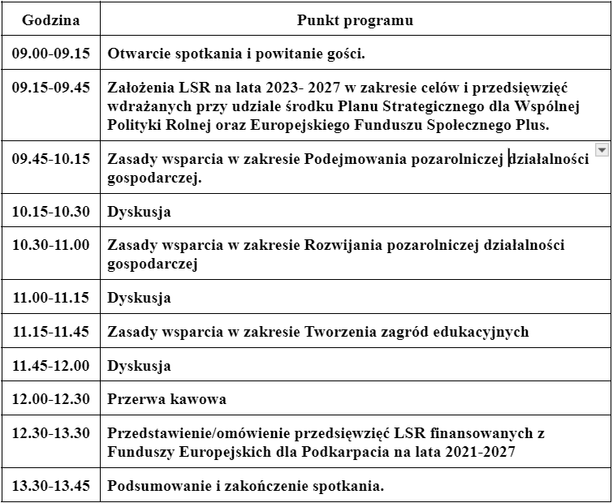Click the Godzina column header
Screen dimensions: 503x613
pyautogui.click(x=50, y=20)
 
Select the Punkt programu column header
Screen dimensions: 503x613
pyautogui.click(x=355, y=20)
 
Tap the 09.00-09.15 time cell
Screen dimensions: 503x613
pyautogui.click(x=50, y=54)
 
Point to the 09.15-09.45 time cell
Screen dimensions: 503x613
pyautogui.click(x=50, y=88)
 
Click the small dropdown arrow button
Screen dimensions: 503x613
pyautogui.click(x=601, y=149)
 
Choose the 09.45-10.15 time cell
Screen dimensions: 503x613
pyautogui.click(x=50, y=159)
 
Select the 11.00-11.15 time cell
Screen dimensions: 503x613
pyautogui.click(x=50, y=298)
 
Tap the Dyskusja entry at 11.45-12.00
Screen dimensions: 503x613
pyautogui.click(x=139, y=365)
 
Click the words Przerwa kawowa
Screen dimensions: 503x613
pyautogui.click(x=166, y=399)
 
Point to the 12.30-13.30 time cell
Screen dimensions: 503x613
pyautogui.click(x=50, y=433)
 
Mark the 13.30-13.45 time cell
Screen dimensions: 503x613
pyautogui.click(x=50, y=486)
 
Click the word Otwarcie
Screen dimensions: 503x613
pyautogui.click(x=137, y=54)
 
